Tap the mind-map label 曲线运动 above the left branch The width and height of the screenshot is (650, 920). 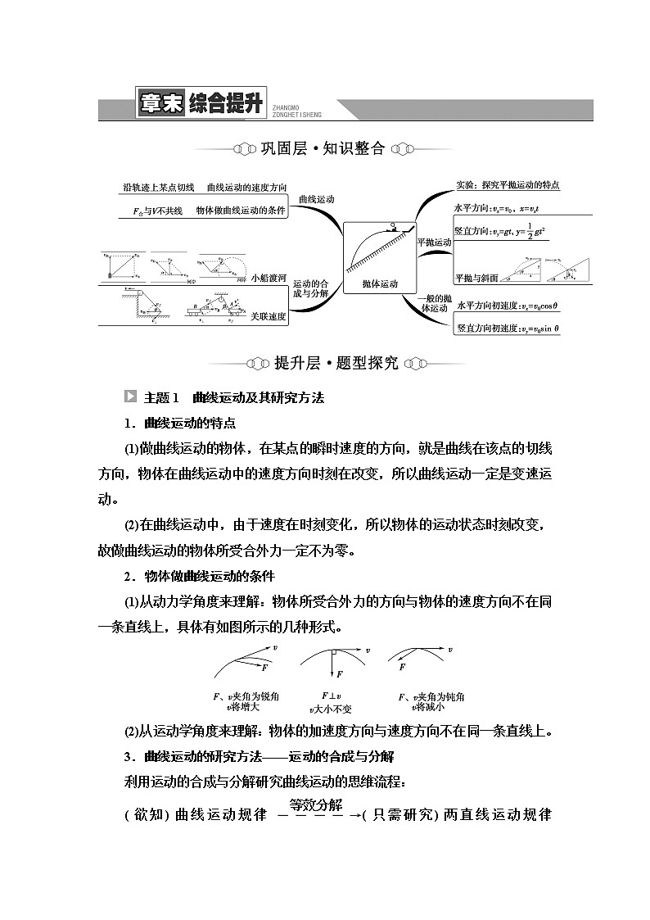click(x=317, y=200)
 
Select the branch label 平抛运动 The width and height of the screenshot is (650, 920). click(x=434, y=242)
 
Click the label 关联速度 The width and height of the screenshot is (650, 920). click(x=270, y=316)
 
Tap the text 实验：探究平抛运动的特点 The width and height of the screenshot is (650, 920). click(x=507, y=185)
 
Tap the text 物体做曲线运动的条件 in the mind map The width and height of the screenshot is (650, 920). click(x=240, y=211)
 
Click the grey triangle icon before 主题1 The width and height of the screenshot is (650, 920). click(x=129, y=397)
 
